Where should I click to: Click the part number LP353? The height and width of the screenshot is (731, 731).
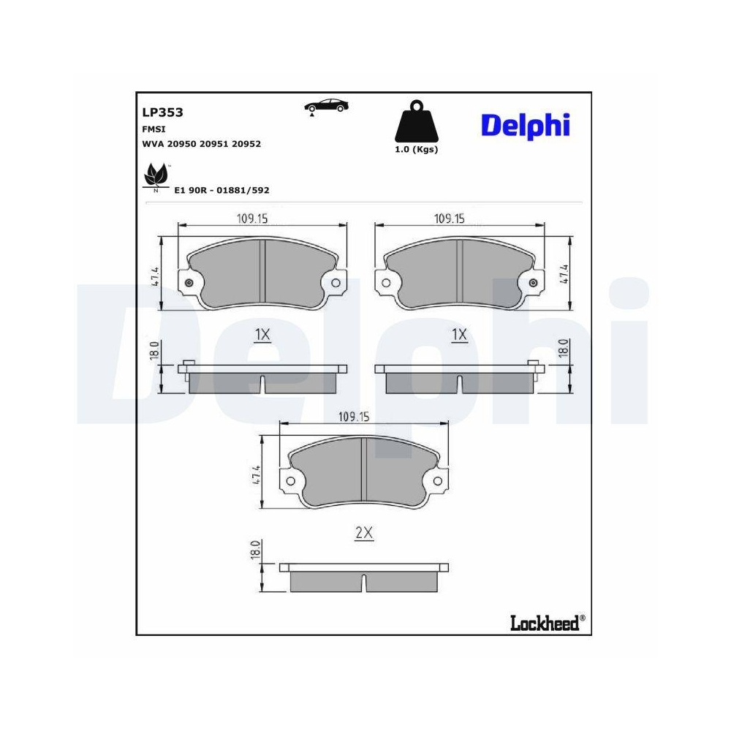click(x=162, y=113)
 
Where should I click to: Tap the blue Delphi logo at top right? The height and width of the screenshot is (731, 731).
click(x=525, y=126)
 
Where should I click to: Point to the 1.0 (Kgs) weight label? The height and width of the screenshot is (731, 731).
click(x=415, y=149)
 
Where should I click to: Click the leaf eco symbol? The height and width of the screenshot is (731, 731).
click(x=156, y=176)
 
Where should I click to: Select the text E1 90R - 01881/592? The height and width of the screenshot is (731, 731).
click(x=221, y=190)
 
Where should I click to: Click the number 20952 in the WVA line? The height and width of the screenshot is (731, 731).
click(x=245, y=144)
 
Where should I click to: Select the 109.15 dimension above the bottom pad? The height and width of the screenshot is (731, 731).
click(x=355, y=417)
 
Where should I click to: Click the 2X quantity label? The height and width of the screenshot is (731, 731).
click(x=363, y=534)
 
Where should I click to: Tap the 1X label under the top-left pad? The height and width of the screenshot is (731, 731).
click(x=262, y=335)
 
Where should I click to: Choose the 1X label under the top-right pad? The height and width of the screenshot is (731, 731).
click(x=458, y=335)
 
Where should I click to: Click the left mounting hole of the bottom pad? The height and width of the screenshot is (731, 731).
click(x=290, y=481)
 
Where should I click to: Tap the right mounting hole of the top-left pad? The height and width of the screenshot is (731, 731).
click(x=336, y=284)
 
